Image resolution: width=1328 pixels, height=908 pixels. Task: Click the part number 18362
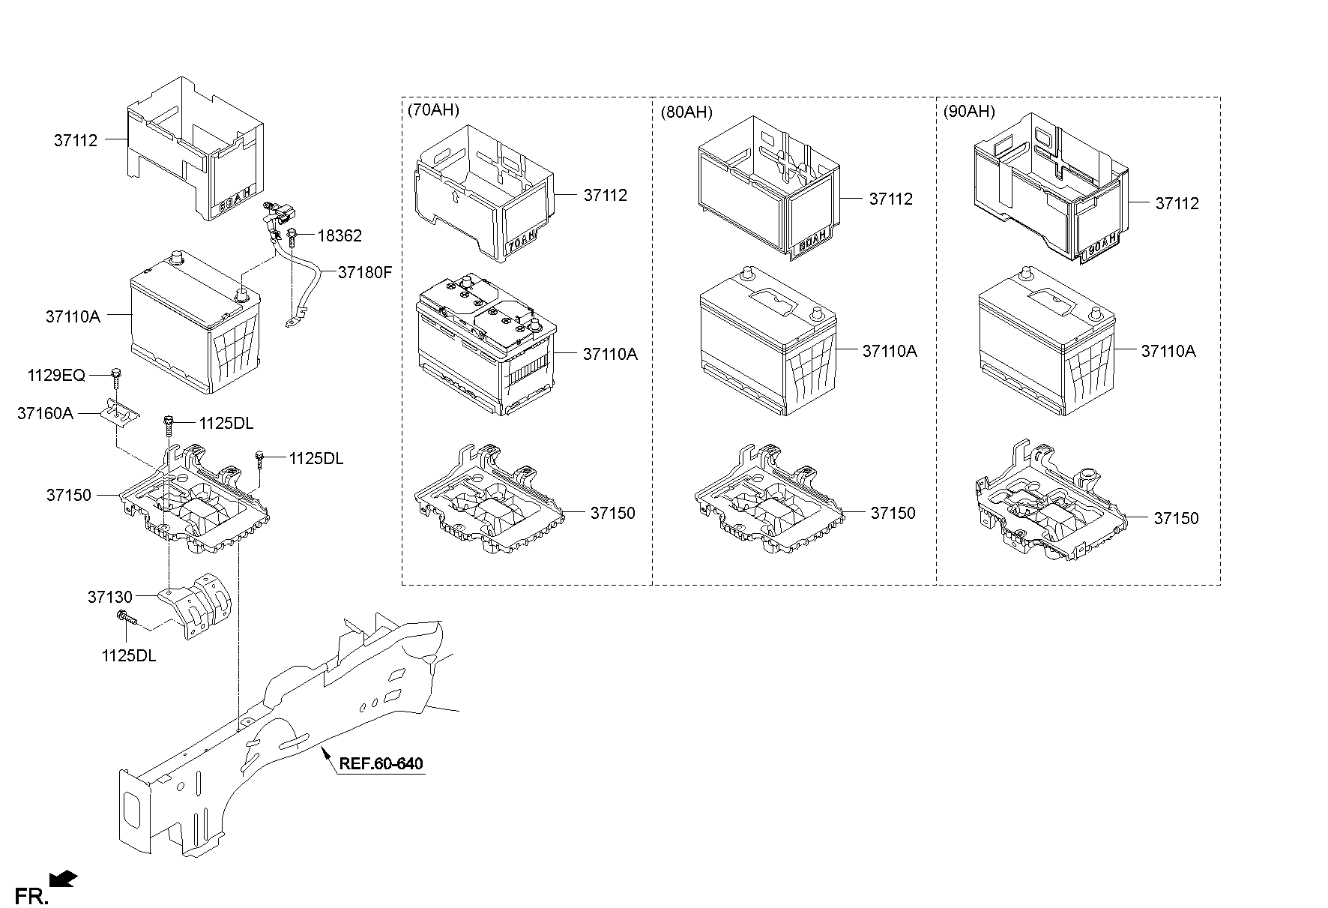[x=339, y=236]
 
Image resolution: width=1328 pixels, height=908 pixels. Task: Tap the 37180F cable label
[x=365, y=272]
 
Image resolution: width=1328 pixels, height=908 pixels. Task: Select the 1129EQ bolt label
[x=57, y=376]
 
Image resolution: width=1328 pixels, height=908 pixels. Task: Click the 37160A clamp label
[x=45, y=413]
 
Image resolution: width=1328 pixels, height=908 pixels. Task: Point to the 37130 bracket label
[x=109, y=597]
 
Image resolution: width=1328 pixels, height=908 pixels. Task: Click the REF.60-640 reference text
[x=381, y=764]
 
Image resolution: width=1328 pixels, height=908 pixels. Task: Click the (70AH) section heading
[x=433, y=110]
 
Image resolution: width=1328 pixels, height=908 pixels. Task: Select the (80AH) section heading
[x=686, y=112]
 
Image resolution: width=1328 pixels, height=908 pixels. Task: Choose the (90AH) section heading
[x=969, y=112]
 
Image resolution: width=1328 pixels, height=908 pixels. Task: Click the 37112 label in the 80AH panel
[x=891, y=199]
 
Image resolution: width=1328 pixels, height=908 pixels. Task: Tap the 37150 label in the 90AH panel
[x=1177, y=518]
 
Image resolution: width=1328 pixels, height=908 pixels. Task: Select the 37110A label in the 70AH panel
[x=610, y=354]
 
